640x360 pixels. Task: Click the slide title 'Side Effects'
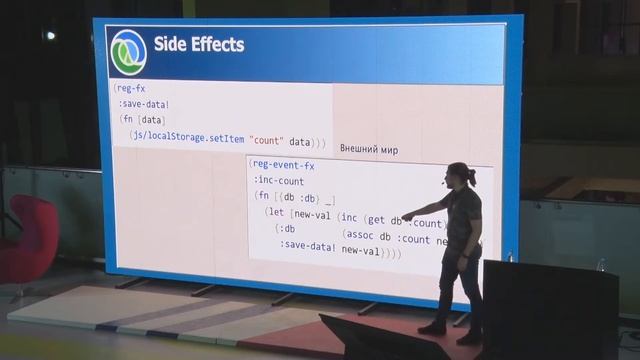click(198, 45)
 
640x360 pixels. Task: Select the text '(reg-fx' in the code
click(131, 89)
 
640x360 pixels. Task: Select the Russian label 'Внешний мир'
click(368, 150)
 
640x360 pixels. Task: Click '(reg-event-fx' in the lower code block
click(282, 165)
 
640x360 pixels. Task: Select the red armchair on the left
click(30, 239)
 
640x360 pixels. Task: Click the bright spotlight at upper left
click(49, 36)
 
